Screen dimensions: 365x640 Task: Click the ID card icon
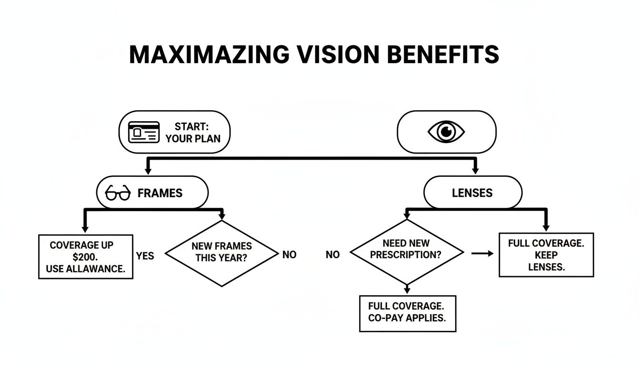pyautogui.click(x=144, y=132)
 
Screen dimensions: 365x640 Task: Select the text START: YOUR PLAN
pyautogui.click(x=192, y=133)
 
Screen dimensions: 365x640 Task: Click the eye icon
pyautogui.click(x=446, y=132)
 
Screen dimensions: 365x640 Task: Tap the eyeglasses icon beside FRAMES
pyautogui.click(x=118, y=193)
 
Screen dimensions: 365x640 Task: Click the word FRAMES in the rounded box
pyautogui.click(x=160, y=193)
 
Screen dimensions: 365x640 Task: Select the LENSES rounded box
pyautogui.click(x=472, y=192)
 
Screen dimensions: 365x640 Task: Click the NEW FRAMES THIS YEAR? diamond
pyautogui.click(x=221, y=253)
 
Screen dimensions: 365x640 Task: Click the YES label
pyautogui.click(x=145, y=256)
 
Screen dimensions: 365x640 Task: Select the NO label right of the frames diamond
pyautogui.click(x=289, y=255)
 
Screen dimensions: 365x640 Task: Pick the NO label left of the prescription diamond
pyautogui.click(x=332, y=255)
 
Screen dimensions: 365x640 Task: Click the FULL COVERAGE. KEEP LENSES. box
pyautogui.click(x=546, y=255)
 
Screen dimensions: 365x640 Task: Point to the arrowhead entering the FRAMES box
pyautogui.click(x=148, y=171)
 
